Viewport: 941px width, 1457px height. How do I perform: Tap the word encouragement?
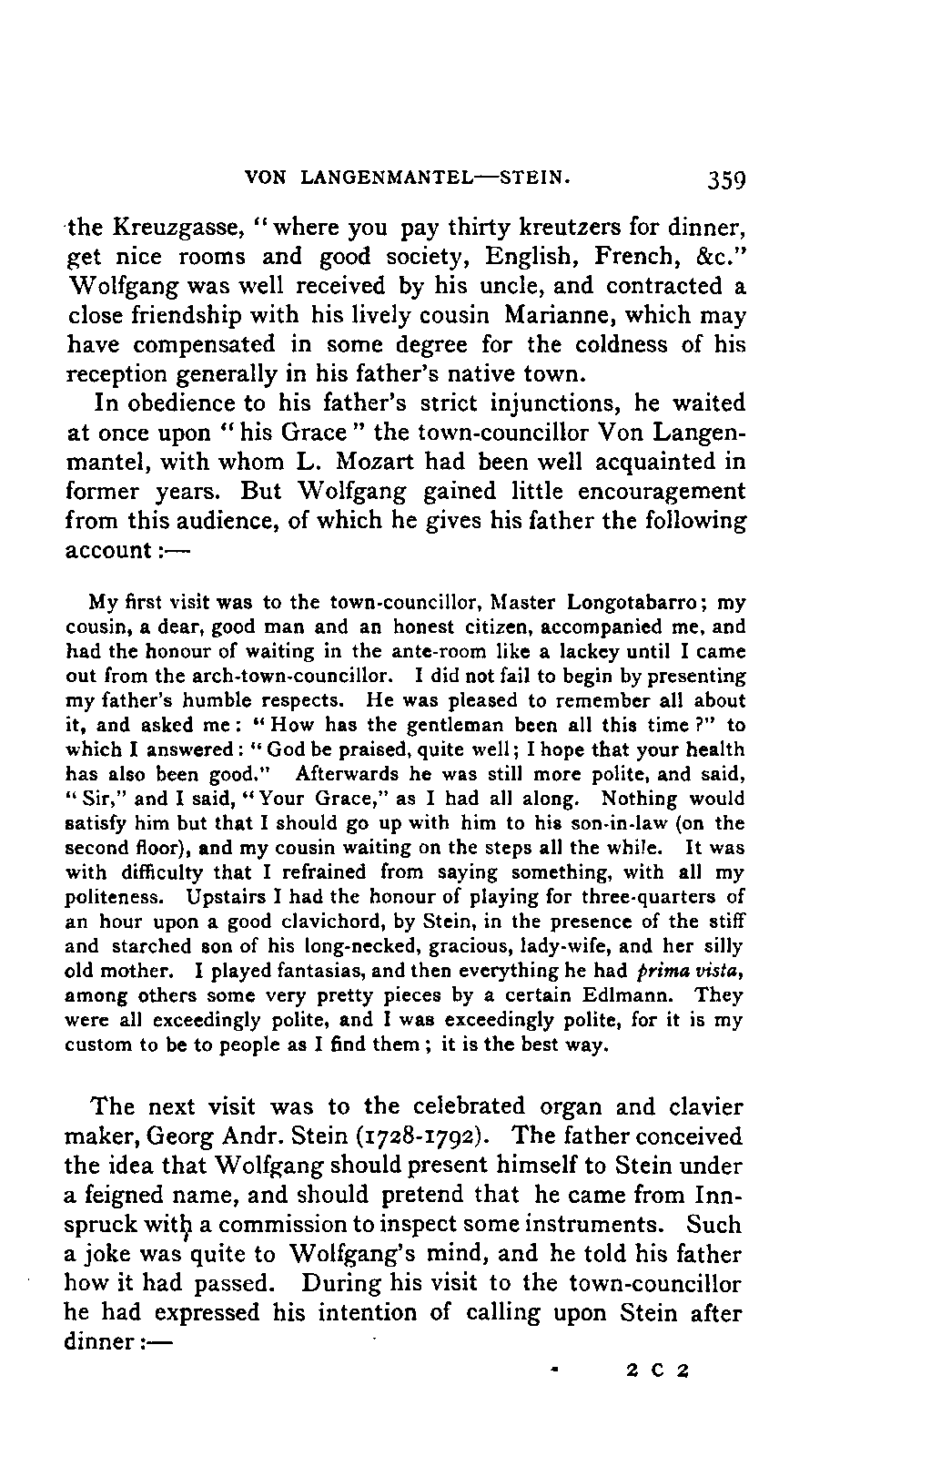(648, 492)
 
